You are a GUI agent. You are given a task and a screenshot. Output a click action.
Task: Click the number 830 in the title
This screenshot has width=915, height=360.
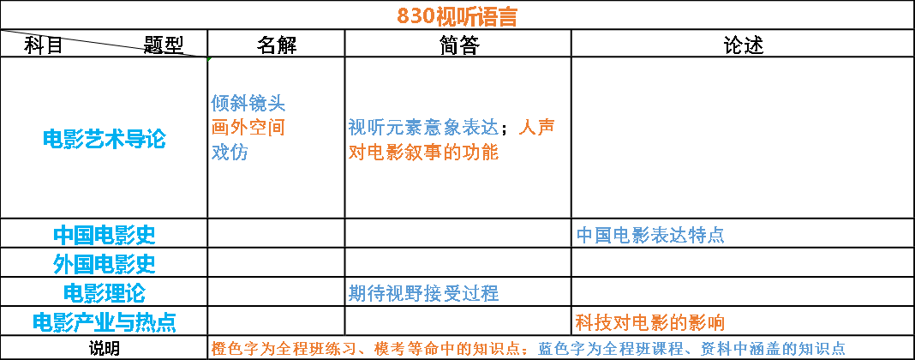[x=416, y=16]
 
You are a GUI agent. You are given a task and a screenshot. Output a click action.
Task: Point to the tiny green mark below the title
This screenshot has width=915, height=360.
[x=209, y=59]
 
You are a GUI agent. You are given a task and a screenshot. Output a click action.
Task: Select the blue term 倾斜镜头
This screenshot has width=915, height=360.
[x=248, y=104]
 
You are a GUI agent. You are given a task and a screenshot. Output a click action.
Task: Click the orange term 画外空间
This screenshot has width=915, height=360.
[x=248, y=128]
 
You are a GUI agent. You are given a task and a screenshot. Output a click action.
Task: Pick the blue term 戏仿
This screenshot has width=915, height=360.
[x=230, y=153]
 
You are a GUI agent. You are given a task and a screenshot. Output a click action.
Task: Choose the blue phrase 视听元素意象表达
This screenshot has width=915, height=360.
[x=423, y=128]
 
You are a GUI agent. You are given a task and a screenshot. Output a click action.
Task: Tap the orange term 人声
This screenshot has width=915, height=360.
[x=537, y=128]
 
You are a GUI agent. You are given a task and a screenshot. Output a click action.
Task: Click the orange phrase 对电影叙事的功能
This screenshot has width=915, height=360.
[x=423, y=153]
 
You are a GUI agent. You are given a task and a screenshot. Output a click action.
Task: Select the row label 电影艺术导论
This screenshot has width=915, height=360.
[x=104, y=139]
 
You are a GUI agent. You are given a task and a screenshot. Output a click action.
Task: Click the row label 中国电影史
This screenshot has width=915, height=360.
[x=104, y=235]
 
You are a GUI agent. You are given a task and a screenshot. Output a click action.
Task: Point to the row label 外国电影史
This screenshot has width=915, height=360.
[x=104, y=263]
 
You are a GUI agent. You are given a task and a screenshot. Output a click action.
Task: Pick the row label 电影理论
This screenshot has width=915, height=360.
[x=104, y=293]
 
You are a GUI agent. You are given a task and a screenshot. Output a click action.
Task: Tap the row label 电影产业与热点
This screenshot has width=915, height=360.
[x=104, y=322]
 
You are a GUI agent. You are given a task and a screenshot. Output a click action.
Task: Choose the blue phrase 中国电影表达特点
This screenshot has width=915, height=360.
[x=650, y=235]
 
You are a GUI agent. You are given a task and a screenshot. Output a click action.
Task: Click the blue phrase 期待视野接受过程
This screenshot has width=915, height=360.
[x=423, y=293]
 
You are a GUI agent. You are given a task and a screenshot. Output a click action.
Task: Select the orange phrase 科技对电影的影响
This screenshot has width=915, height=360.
[x=650, y=322]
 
